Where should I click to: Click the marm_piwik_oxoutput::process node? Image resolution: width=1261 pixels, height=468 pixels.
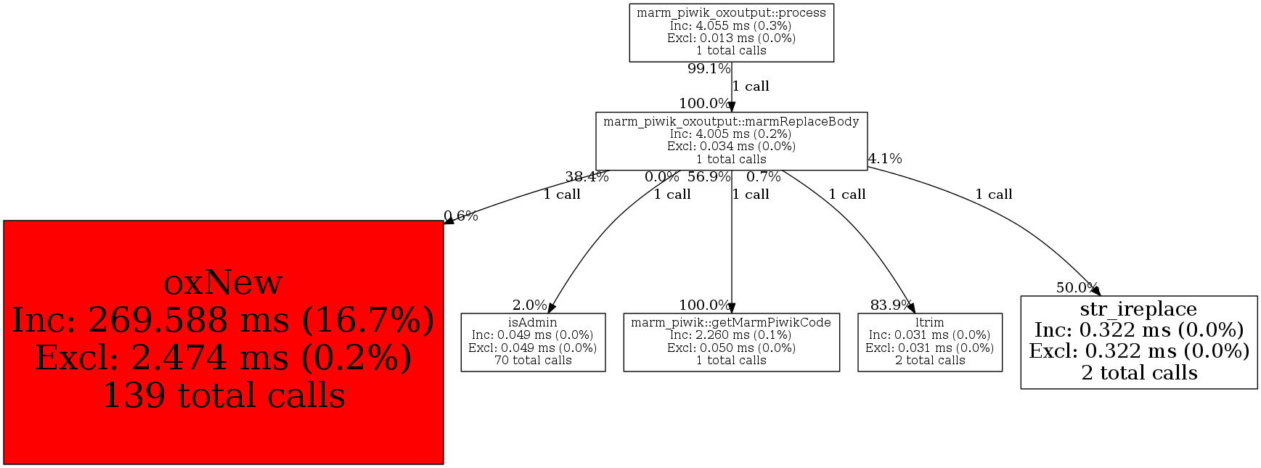(731, 33)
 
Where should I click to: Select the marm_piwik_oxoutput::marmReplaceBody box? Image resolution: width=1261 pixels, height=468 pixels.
(731, 141)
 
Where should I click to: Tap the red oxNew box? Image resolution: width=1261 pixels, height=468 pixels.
(223, 342)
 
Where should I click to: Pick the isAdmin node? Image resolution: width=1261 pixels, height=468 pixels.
(533, 342)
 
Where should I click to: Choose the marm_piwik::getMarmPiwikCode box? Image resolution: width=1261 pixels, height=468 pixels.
(731, 342)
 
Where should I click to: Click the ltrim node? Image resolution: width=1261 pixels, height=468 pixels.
(929, 342)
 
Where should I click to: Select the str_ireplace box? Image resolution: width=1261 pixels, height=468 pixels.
(1138, 342)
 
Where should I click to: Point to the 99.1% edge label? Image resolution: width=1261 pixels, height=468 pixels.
(709, 69)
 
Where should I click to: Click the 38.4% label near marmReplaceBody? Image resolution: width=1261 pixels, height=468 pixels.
(587, 176)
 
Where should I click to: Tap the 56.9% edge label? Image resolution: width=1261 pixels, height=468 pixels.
(709, 176)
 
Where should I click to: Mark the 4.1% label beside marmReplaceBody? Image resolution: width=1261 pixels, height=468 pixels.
(885, 158)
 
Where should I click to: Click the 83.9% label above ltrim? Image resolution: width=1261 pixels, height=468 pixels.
(891, 305)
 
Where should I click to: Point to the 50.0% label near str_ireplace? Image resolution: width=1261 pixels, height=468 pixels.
(1077, 287)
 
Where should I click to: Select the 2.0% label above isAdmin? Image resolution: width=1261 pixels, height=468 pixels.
(529, 305)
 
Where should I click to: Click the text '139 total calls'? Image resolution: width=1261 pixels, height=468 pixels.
(223, 395)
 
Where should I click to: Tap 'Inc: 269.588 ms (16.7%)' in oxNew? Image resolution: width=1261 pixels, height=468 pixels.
(223, 320)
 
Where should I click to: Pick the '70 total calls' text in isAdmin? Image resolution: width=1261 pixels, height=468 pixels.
(533, 361)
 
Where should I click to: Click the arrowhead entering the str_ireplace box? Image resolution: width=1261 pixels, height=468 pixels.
(1095, 291)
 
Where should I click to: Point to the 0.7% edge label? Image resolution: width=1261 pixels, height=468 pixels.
(763, 176)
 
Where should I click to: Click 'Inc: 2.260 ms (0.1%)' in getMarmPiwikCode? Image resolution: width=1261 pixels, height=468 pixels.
(731, 335)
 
